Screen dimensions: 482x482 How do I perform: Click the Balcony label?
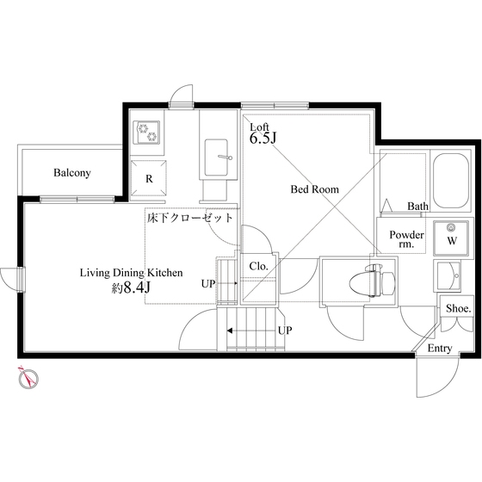[72, 173]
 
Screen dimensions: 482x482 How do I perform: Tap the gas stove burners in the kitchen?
[146, 132]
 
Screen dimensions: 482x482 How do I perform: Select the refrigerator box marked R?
[149, 178]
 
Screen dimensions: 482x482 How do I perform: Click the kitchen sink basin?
[216, 158]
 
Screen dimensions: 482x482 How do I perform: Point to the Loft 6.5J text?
[263, 133]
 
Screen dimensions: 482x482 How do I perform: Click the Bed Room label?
[315, 189]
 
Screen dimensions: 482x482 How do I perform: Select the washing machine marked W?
[451, 238]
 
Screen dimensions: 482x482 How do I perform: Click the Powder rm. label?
[406, 239]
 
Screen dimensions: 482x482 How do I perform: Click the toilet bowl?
[373, 280]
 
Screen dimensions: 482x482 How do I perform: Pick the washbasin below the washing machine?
[448, 275]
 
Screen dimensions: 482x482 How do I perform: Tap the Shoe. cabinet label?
[458, 308]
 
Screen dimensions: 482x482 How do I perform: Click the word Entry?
[440, 349]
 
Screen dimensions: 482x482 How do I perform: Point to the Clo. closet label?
[258, 266]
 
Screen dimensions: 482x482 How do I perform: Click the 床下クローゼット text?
[190, 218]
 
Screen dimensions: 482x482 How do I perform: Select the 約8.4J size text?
[131, 287]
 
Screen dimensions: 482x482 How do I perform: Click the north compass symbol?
[28, 378]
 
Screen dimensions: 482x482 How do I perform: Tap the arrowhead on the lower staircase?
[230, 331]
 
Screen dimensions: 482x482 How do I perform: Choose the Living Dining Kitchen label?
[131, 273]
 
